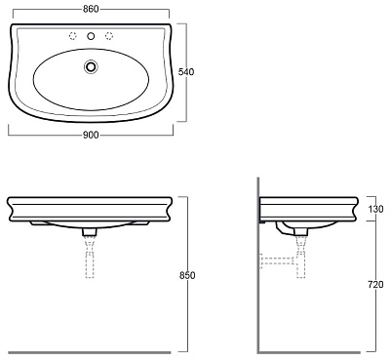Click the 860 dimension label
[91, 9]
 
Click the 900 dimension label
[91, 135]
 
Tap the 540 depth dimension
[186, 72]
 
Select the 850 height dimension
[187, 275]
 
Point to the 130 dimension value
[375, 209]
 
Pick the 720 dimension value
[375, 285]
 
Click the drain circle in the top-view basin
[91, 66]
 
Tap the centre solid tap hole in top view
[91, 36]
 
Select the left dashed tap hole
[73, 36]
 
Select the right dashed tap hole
[109, 36]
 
